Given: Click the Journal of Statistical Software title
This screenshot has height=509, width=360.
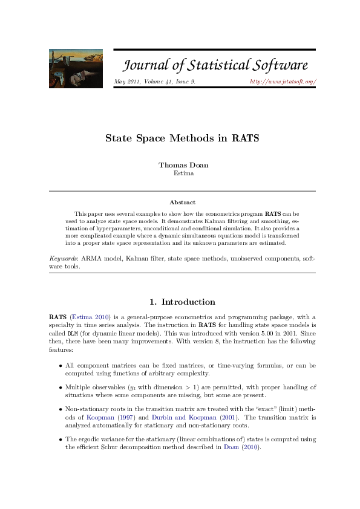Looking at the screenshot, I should click(x=215, y=66).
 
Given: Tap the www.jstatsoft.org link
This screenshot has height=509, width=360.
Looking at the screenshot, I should click(x=283, y=82).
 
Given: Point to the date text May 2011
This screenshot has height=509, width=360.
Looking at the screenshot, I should click(x=127, y=82).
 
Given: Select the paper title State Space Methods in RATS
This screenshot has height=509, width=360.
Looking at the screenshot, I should click(x=182, y=138).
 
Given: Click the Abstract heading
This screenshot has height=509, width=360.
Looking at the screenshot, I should click(x=182, y=203).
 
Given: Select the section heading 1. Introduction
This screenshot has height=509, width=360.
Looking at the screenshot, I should click(x=182, y=302).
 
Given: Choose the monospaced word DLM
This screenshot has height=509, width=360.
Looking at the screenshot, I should click(x=72, y=333).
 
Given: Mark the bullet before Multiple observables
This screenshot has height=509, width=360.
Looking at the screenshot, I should click(x=61, y=387).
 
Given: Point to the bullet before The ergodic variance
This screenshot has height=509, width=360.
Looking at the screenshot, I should click(x=61, y=439).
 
